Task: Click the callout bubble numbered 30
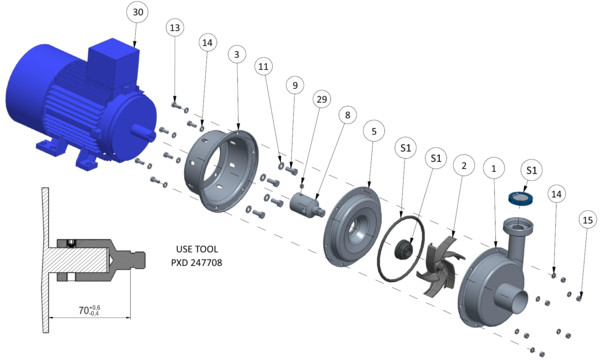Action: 138,12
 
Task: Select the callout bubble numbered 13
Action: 175,28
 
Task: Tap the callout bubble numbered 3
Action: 237,55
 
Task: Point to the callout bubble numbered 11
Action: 263,67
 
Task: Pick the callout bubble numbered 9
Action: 295,85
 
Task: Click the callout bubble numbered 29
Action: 322,99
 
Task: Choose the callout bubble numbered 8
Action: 347,115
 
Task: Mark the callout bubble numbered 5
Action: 374,131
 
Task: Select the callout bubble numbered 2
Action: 464,166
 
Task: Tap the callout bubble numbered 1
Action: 494,168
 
